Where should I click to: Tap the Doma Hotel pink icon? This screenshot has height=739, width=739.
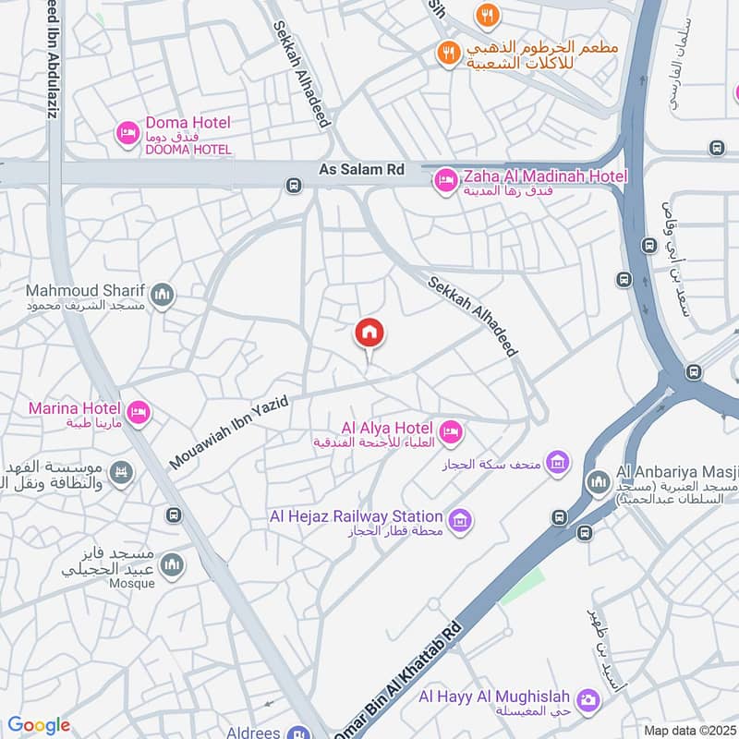pyautogui.click(x=127, y=135)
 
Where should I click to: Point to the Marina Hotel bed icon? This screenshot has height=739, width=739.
pyautogui.click(x=139, y=412)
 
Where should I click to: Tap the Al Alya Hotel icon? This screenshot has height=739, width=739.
pyautogui.click(x=451, y=431)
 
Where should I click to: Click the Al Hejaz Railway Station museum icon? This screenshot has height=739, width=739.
pyautogui.click(x=460, y=521)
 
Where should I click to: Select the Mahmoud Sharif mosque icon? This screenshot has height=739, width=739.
pyautogui.click(x=163, y=296)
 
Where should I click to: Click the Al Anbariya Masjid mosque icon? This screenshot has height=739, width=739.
pyautogui.click(x=598, y=481)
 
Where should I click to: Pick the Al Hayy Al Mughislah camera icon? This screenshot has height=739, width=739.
pyautogui.click(x=586, y=700)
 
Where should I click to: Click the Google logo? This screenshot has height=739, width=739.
pyautogui.click(x=39, y=725)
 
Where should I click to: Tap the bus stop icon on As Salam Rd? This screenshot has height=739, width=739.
pyautogui.click(x=294, y=185)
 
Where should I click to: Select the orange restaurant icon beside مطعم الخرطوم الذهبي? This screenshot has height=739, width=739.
pyautogui.click(x=448, y=55)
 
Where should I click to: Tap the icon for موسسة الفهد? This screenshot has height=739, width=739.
pyautogui.click(x=121, y=474)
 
